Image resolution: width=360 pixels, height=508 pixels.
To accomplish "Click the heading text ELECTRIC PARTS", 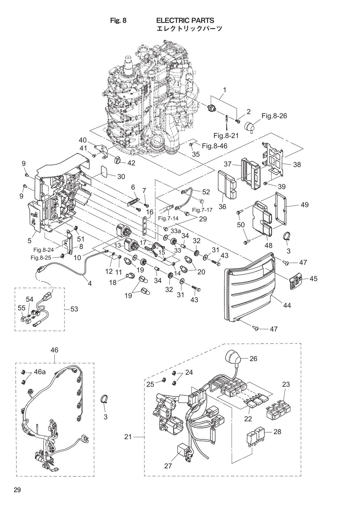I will tap(185, 20).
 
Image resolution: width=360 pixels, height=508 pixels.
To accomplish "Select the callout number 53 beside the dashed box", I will tap(74, 309).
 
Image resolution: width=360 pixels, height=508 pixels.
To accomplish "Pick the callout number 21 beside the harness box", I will tap(128, 437).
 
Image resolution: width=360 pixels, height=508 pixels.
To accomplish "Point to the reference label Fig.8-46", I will tap(214, 146).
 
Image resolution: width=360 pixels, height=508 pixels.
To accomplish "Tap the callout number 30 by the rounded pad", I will tap(121, 176).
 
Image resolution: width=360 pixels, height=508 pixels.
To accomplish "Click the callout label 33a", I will tap(176, 231).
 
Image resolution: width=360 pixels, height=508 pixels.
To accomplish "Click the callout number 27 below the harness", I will tap(168, 466).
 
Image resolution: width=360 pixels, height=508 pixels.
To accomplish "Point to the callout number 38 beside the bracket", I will tap(297, 165).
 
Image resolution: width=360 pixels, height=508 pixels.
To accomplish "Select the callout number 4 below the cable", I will tap(90, 283).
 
